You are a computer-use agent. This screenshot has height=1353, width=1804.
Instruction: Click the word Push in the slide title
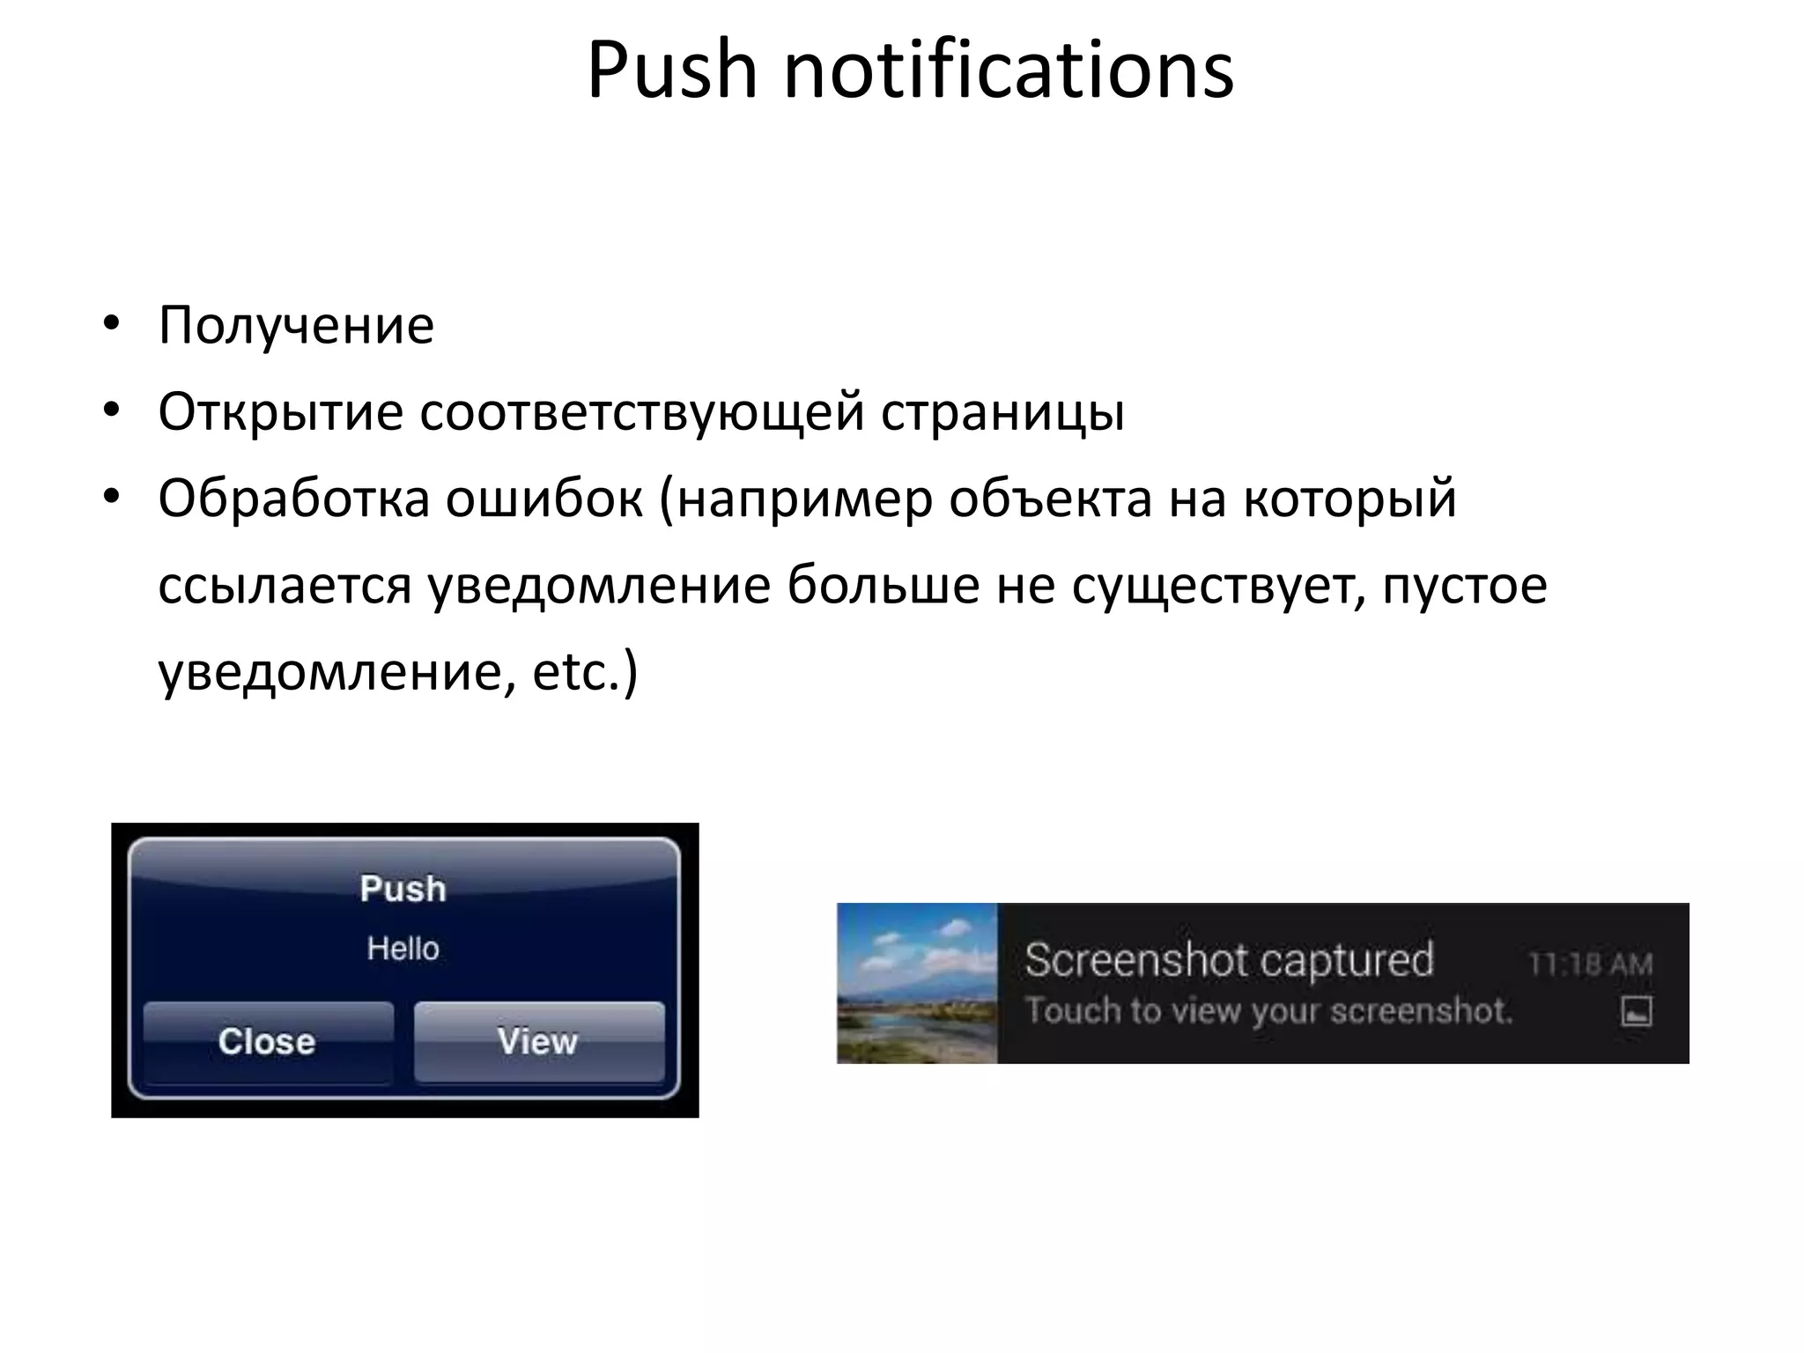(671, 70)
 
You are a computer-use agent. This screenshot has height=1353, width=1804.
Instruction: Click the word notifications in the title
(1009, 70)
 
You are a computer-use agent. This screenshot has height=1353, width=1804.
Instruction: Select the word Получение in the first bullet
(296, 326)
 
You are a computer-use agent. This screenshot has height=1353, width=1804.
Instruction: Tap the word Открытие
(280, 412)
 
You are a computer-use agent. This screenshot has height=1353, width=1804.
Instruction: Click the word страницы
(1002, 412)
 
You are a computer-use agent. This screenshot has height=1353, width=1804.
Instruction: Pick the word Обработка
(294, 499)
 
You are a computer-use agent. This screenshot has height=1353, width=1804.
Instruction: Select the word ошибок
(544, 499)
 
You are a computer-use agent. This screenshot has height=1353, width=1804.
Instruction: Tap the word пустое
(1464, 585)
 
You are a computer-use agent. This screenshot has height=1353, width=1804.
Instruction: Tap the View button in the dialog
(538, 1041)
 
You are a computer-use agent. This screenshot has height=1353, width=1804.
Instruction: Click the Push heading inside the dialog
(403, 889)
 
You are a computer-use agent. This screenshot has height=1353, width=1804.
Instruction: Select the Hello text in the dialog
(403, 949)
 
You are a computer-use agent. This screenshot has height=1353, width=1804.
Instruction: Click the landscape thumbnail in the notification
(917, 983)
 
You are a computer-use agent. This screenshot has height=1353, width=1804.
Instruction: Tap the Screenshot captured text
(1229, 960)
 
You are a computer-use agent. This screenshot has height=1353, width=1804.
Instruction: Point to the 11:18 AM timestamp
(1590, 965)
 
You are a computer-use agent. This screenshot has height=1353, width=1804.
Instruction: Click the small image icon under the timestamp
(1636, 1011)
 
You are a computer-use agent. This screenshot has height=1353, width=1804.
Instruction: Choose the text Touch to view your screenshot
(1268, 1011)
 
